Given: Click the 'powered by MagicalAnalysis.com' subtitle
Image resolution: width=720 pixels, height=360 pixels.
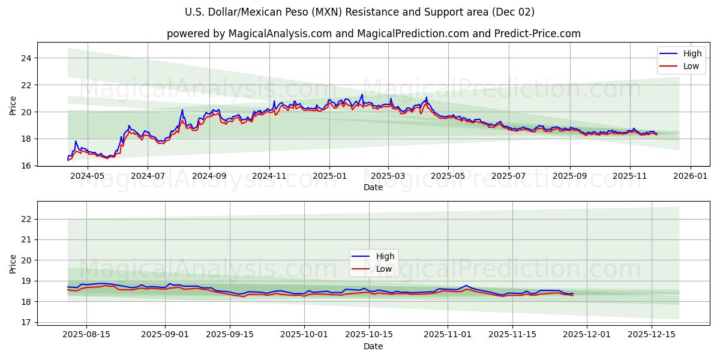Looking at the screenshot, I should pyautogui.click(x=373, y=34).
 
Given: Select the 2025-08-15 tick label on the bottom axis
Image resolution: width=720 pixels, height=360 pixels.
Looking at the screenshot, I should pyautogui.click(x=86, y=334).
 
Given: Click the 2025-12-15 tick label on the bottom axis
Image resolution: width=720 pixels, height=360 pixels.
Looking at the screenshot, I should pyautogui.click(x=651, y=334).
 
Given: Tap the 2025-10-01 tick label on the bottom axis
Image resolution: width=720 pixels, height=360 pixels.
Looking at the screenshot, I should pyautogui.click(x=304, y=334).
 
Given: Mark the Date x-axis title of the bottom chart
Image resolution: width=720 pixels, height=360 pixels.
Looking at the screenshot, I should pyautogui.click(x=373, y=346).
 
